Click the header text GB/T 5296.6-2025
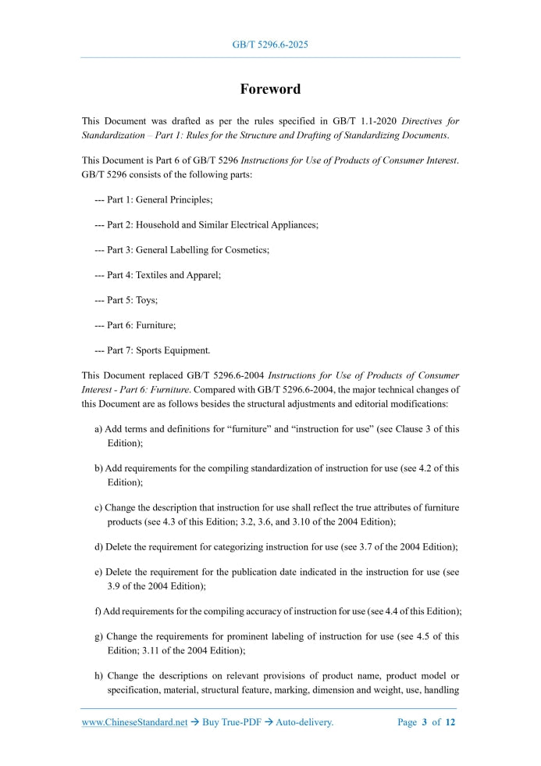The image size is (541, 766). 270,45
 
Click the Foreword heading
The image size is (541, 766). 270,89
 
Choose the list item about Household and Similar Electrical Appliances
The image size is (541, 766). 206,224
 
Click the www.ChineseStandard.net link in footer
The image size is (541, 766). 134,722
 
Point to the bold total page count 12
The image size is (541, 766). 450,722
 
